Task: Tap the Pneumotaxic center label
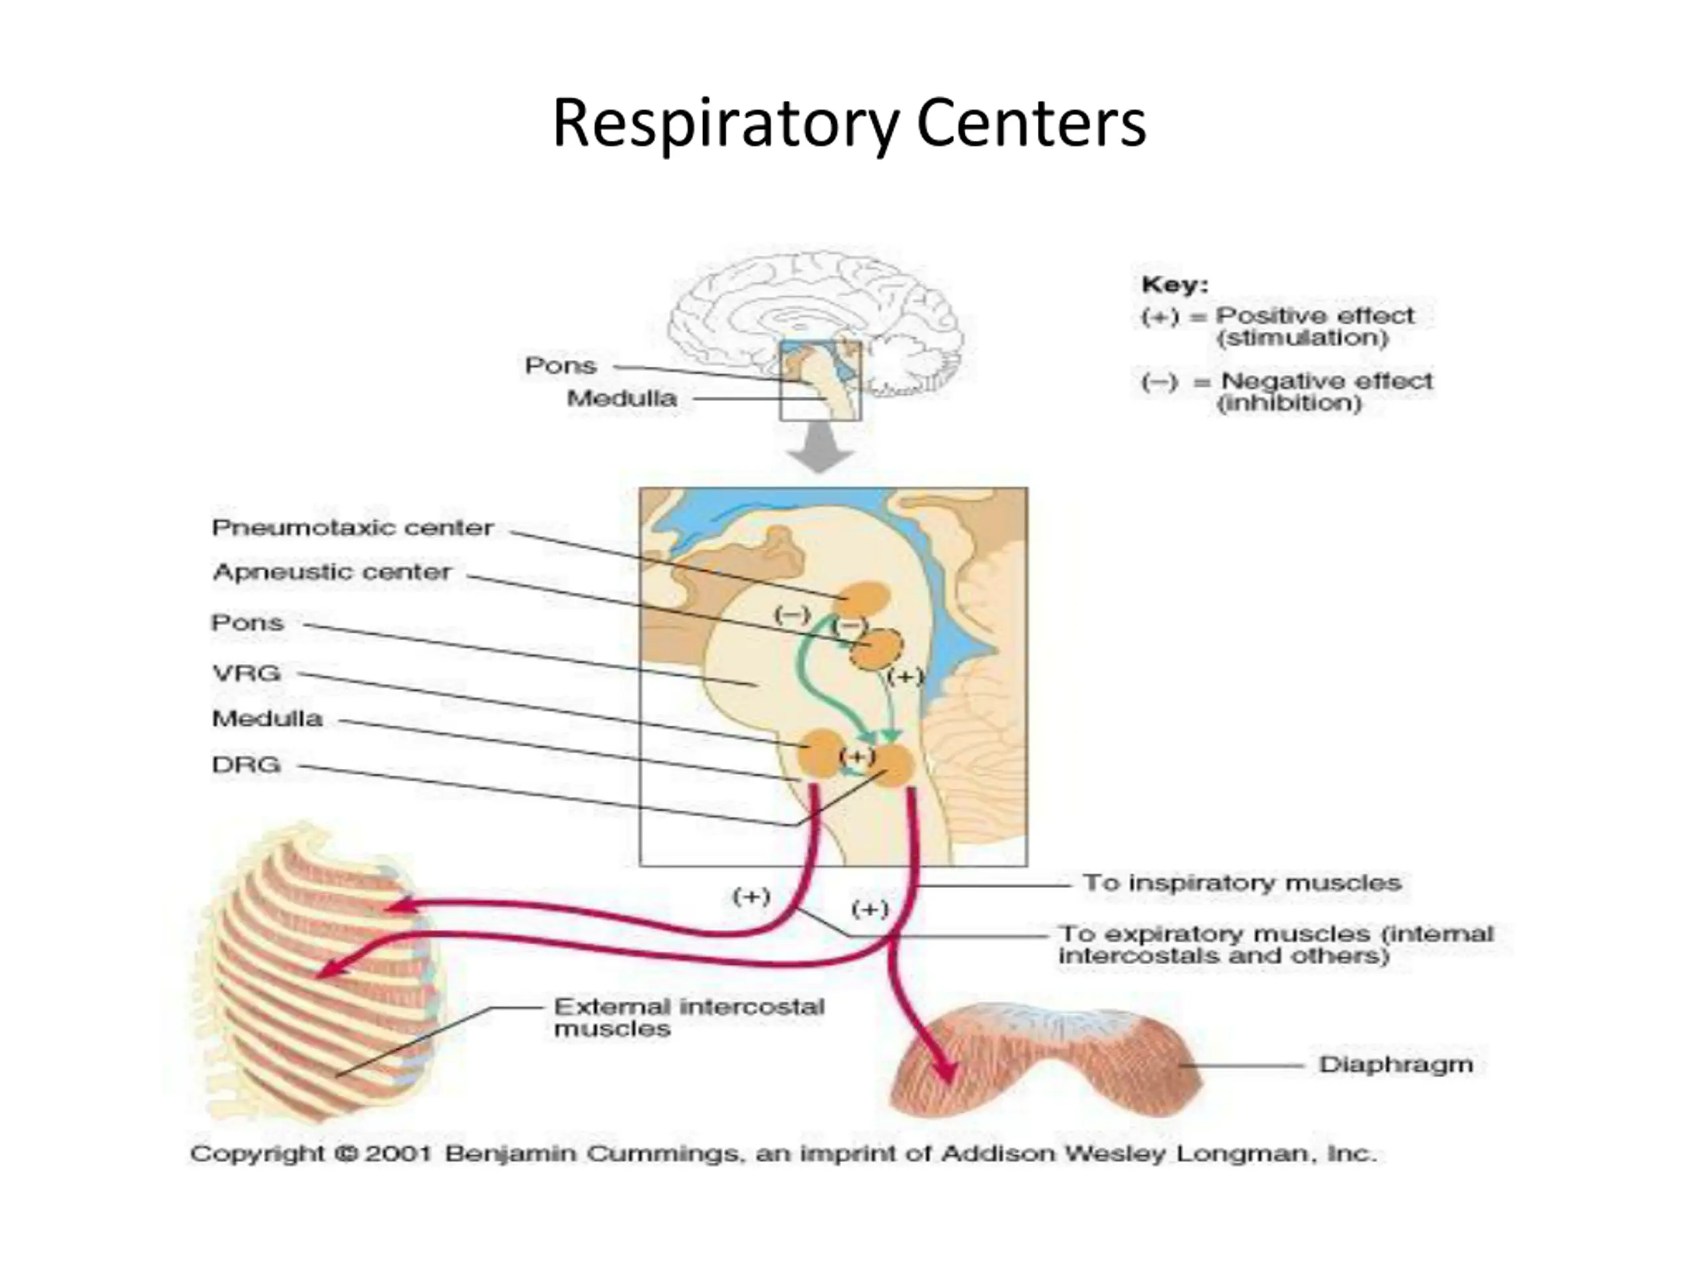pyautogui.click(x=353, y=528)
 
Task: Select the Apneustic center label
pyautogui.click(x=332, y=572)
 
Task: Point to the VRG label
pyautogui.click(x=246, y=673)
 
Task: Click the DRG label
pyautogui.click(x=246, y=764)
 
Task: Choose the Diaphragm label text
pyautogui.click(x=1397, y=1065)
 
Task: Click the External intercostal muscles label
pyautogui.click(x=689, y=1017)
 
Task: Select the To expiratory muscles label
pyautogui.click(x=1276, y=944)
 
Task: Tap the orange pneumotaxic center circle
pyautogui.click(x=864, y=600)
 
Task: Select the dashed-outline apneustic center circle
pyautogui.click(x=876, y=649)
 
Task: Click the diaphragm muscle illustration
pyautogui.click(x=1046, y=1061)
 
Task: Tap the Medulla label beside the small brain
pyautogui.click(x=622, y=398)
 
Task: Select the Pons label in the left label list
pyautogui.click(x=248, y=622)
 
